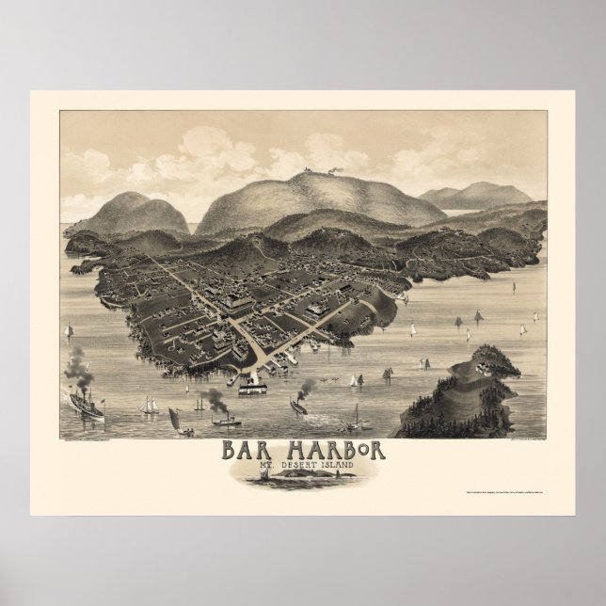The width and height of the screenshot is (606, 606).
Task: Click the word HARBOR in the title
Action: [x=332, y=450]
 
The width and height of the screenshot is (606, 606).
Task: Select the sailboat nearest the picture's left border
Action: [x=69, y=331]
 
